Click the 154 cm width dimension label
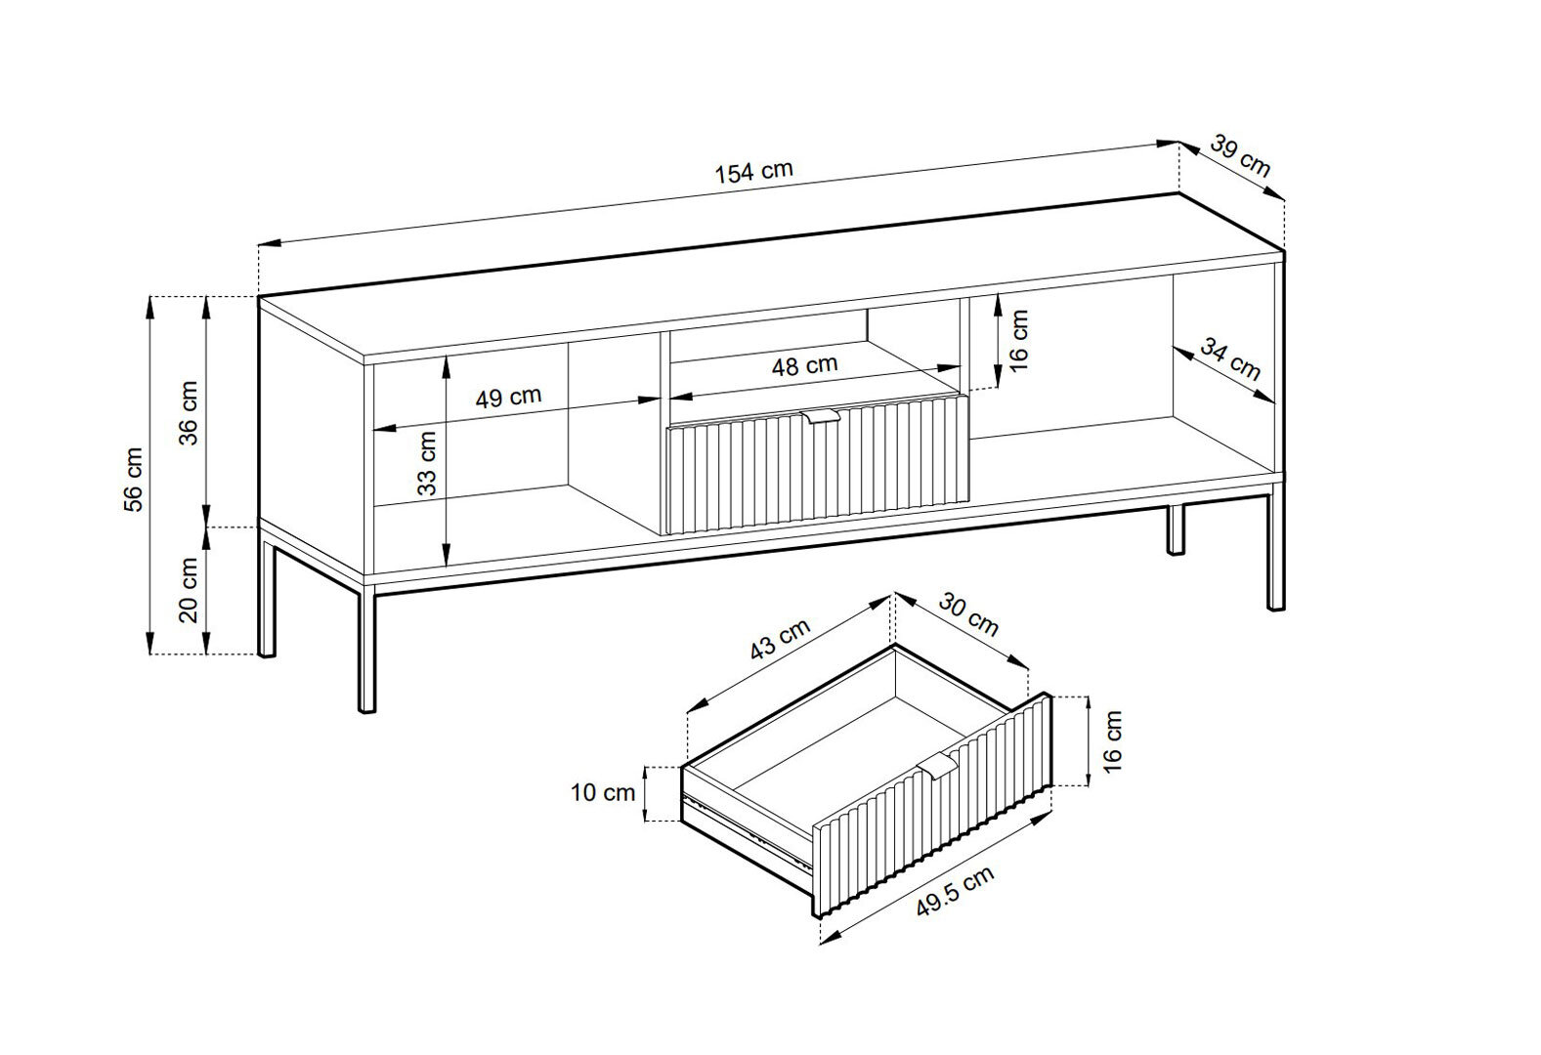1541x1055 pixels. coord(754,172)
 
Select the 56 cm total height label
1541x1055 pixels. coord(134,480)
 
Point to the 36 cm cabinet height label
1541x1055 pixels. coord(189,412)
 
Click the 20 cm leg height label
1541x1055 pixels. coord(189,590)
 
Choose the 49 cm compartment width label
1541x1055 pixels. coord(508,397)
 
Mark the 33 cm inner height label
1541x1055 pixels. coord(427,463)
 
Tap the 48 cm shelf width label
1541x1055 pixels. coord(804,365)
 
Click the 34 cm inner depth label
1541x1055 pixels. coord(1230,359)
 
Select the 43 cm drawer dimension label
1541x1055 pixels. coord(780,639)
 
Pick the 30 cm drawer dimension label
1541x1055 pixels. coord(968,614)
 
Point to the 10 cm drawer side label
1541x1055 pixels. coord(603,792)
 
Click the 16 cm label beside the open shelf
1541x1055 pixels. coord(1019,341)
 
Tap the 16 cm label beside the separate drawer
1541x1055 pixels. coord(1112,741)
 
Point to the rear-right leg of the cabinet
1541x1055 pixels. coord(1176,529)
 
